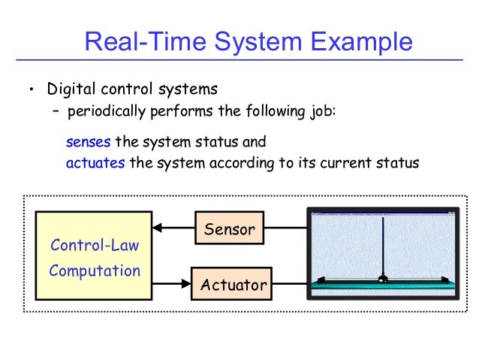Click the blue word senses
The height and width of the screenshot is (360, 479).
tap(89, 141)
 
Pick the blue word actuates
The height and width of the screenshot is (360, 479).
tap(95, 163)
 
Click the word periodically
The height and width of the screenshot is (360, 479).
tap(106, 112)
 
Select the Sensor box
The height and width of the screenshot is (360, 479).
tap(230, 228)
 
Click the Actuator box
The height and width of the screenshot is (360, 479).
tap(233, 285)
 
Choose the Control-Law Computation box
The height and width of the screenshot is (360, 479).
tap(94, 256)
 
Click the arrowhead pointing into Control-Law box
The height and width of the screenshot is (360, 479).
tap(157, 228)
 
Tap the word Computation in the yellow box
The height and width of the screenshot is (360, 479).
tap(95, 271)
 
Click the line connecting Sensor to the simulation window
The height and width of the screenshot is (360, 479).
tap(287, 228)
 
